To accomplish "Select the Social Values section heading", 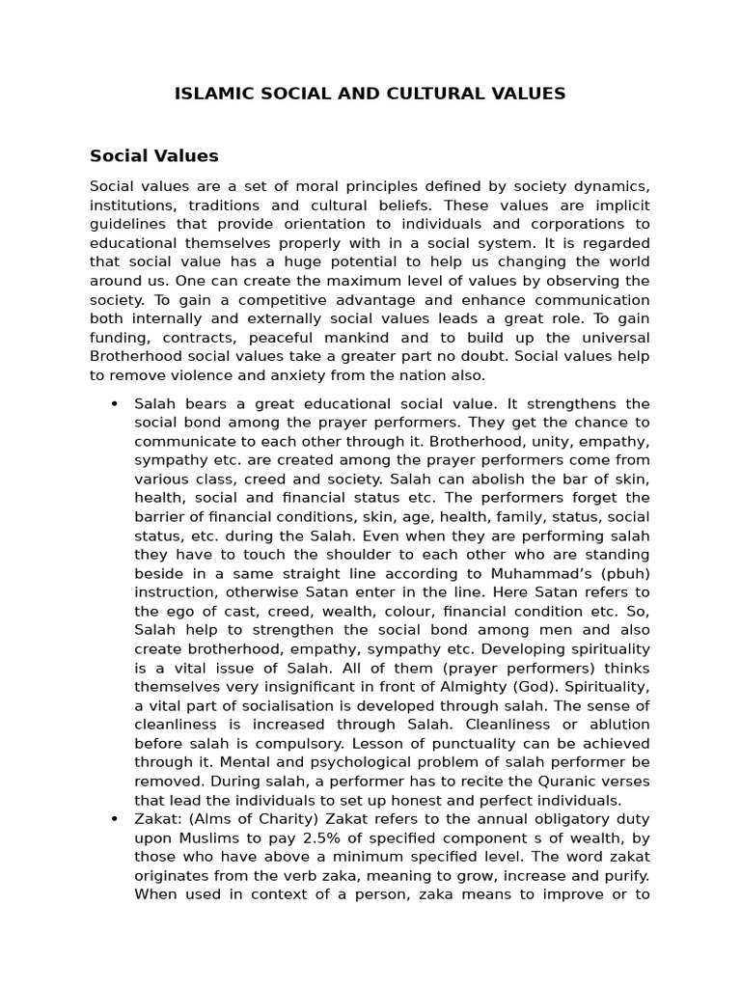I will (154, 155).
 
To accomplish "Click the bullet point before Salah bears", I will (115, 403).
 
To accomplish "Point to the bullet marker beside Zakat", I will (115, 819).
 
